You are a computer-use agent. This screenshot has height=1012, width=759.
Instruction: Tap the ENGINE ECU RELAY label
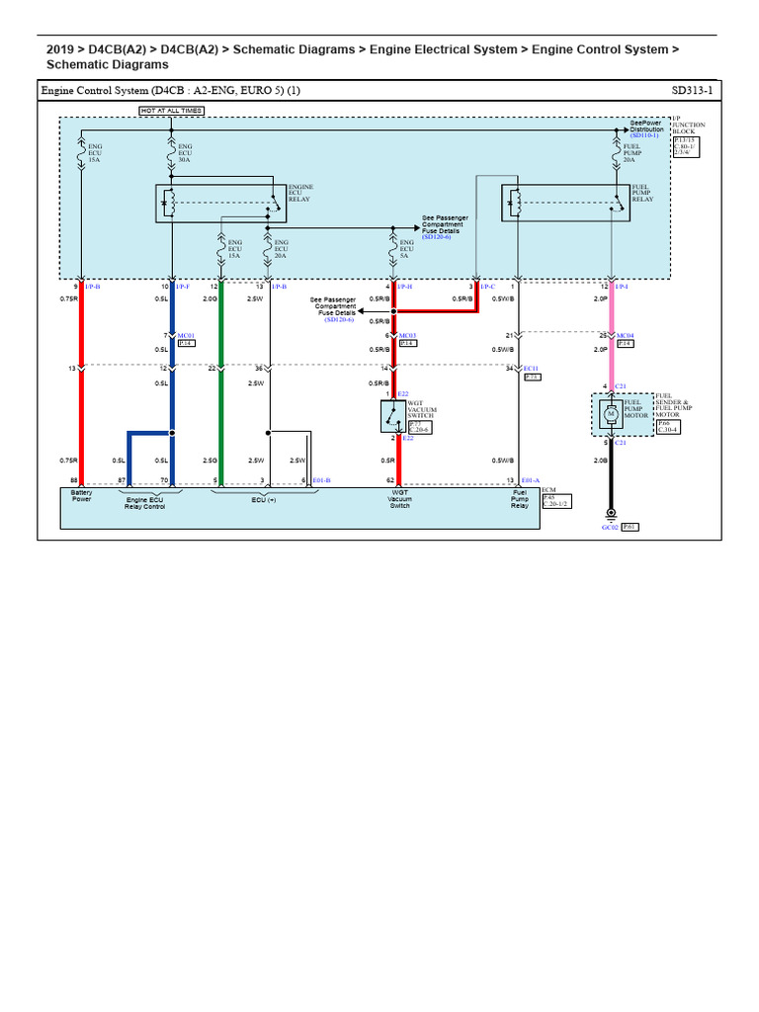[x=299, y=192]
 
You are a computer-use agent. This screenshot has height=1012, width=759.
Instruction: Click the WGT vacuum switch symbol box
[x=393, y=416]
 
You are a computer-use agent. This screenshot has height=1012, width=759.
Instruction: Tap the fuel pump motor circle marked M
[x=610, y=414]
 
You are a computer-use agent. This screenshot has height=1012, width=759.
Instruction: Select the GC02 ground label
[x=609, y=527]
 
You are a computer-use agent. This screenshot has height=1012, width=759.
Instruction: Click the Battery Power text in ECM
[x=81, y=495]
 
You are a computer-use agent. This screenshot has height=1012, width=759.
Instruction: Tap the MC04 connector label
[x=625, y=336]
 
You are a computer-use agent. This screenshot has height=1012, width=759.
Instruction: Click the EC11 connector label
[x=531, y=369]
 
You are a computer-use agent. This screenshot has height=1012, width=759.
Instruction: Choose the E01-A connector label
[x=531, y=480]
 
